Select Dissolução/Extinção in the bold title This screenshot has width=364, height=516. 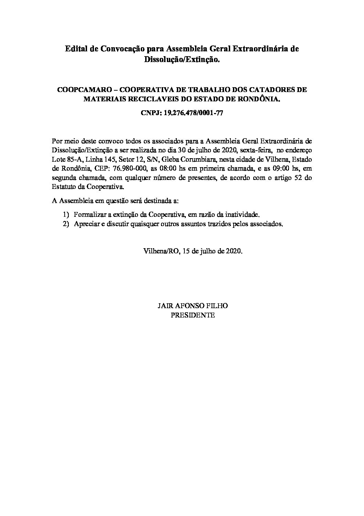point(182,59)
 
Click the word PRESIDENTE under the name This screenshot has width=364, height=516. point(193,315)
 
